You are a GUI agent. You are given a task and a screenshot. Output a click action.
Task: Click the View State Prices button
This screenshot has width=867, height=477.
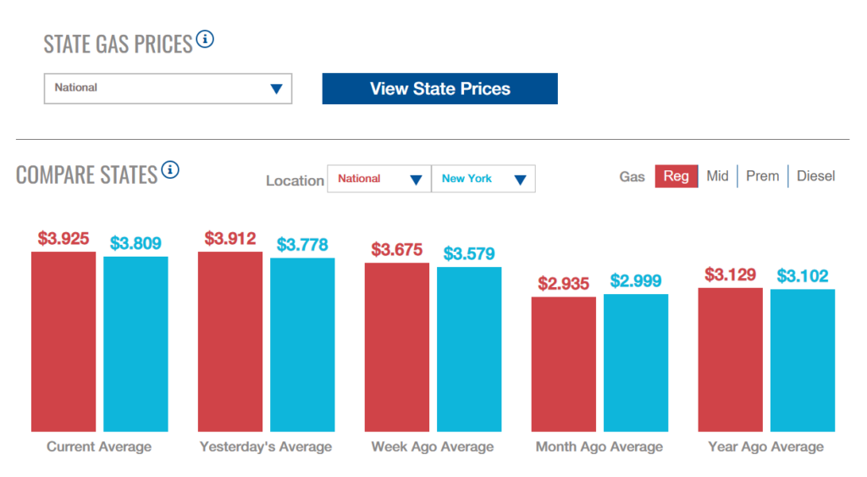tap(439, 89)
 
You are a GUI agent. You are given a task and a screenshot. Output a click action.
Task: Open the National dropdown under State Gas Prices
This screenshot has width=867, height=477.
tap(168, 88)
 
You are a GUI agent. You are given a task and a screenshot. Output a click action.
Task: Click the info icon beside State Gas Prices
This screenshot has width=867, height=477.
tap(205, 39)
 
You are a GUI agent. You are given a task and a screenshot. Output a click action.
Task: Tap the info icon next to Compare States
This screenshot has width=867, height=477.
tap(170, 170)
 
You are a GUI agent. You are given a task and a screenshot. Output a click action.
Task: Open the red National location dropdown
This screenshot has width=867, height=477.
tap(378, 179)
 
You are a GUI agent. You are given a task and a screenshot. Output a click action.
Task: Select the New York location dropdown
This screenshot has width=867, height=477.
tap(483, 179)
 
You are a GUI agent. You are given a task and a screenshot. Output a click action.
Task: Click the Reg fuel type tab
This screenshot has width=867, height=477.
tap(676, 176)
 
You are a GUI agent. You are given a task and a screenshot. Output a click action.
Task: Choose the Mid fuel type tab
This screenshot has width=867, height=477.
tap(717, 176)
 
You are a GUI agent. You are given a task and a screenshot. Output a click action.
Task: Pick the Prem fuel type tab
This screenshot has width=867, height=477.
tap(762, 176)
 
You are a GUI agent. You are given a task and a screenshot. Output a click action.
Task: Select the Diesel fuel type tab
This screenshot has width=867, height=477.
tap(815, 176)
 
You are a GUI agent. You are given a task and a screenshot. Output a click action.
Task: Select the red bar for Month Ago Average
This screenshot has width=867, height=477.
tap(563, 364)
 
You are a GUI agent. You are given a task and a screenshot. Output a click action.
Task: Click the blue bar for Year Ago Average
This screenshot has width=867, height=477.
tap(803, 360)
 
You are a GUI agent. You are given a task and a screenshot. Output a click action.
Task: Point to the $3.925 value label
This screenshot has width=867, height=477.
tap(64, 239)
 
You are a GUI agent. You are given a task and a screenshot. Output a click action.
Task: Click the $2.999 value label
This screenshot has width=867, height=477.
tap(636, 281)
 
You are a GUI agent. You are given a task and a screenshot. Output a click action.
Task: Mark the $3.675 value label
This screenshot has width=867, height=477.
tap(397, 250)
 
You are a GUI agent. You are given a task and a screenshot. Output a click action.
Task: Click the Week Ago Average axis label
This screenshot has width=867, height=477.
tap(432, 446)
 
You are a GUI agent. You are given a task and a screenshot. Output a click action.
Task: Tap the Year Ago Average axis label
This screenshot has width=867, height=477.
tap(765, 446)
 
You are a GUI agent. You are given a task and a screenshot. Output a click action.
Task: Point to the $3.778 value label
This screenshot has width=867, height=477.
tap(302, 246)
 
